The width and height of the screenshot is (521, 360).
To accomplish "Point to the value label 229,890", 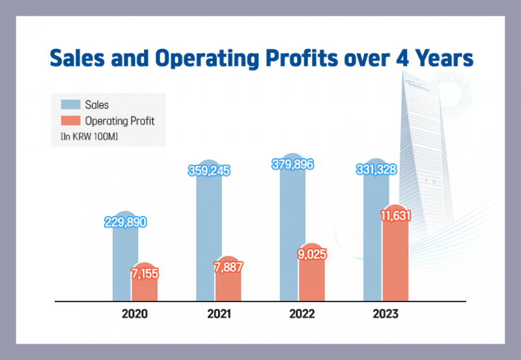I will [x=126, y=222].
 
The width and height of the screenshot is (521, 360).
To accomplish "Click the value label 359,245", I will [x=209, y=171].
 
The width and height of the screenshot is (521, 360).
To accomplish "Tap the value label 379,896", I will [x=292, y=165].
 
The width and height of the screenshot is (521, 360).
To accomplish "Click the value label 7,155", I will [x=145, y=273].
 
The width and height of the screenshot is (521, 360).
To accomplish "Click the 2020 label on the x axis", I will [x=135, y=314].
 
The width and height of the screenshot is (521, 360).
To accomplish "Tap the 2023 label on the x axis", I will [x=386, y=314].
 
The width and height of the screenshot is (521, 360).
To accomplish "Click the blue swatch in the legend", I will [x=71, y=104].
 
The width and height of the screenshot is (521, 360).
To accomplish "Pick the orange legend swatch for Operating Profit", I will [x=71, y=120].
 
